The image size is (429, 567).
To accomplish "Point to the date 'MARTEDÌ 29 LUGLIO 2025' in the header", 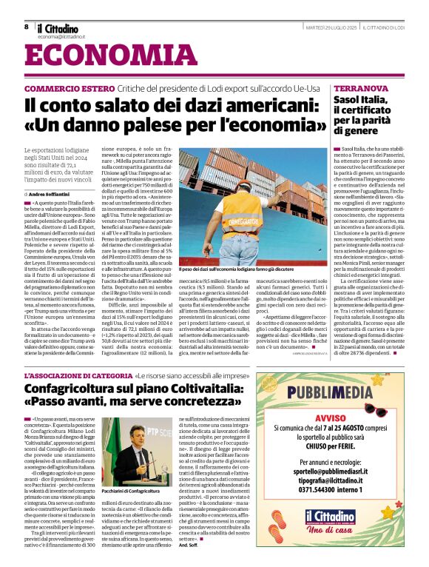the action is [336, 27].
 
